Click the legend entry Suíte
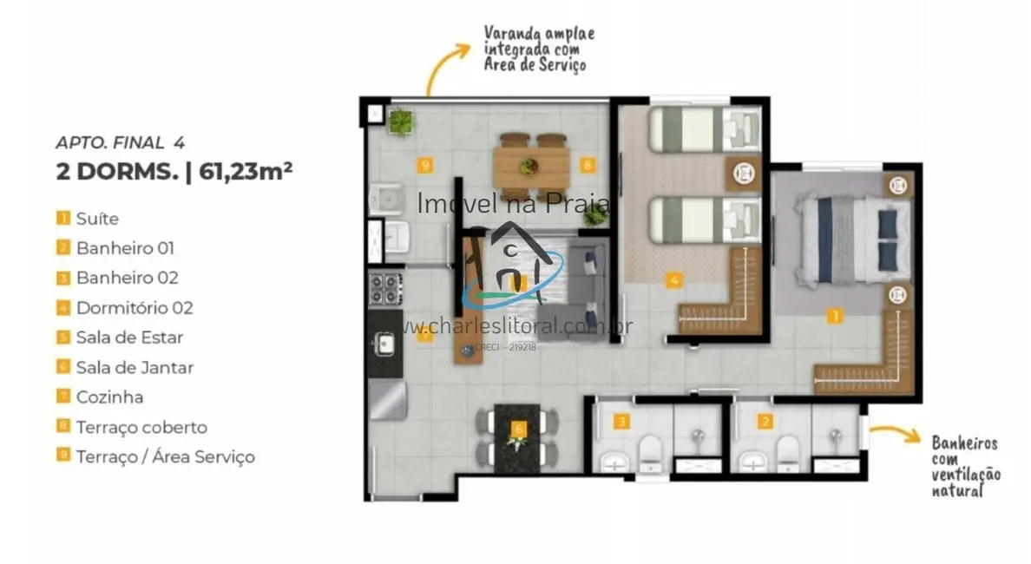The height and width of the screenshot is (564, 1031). (x=96, y=219)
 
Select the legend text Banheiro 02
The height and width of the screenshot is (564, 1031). (x=127, y=278)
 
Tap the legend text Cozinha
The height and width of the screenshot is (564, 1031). (x=109, y=397)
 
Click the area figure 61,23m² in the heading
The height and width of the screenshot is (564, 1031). (x=246, y=171)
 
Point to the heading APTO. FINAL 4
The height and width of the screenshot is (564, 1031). (x=120, y=142)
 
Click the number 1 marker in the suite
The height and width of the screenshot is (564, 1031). (x=834, y=317)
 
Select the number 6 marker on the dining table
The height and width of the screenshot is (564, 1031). (x=519, y=428)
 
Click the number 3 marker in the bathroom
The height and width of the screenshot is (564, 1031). (x=621, y=423)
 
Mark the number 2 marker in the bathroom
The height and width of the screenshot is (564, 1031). (x=765, y=423)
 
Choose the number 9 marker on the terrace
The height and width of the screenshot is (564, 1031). (x=424, y=164)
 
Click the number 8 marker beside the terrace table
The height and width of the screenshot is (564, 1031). (x=588, y=164)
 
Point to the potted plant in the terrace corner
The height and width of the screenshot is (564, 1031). (x=401, y=121)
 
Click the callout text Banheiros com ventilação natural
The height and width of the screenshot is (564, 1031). (x=965, y=467)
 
